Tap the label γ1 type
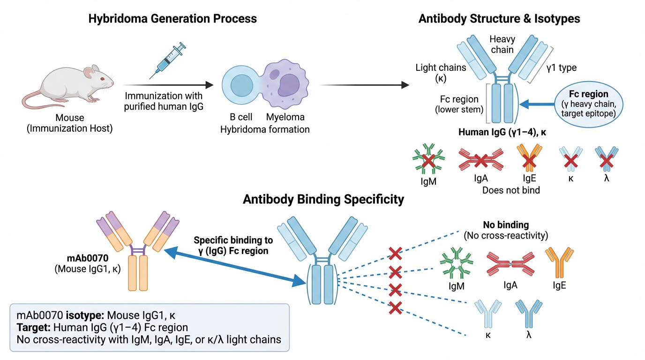[x=561, y=68]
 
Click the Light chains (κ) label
[x=441, y=73]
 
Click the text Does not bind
[x=511, y=190]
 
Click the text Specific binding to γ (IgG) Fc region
[x=233, y=246]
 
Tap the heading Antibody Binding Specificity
[x=323, y=199]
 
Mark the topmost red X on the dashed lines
[x=396, y=254]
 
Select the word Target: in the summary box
[x=32, y=326]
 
